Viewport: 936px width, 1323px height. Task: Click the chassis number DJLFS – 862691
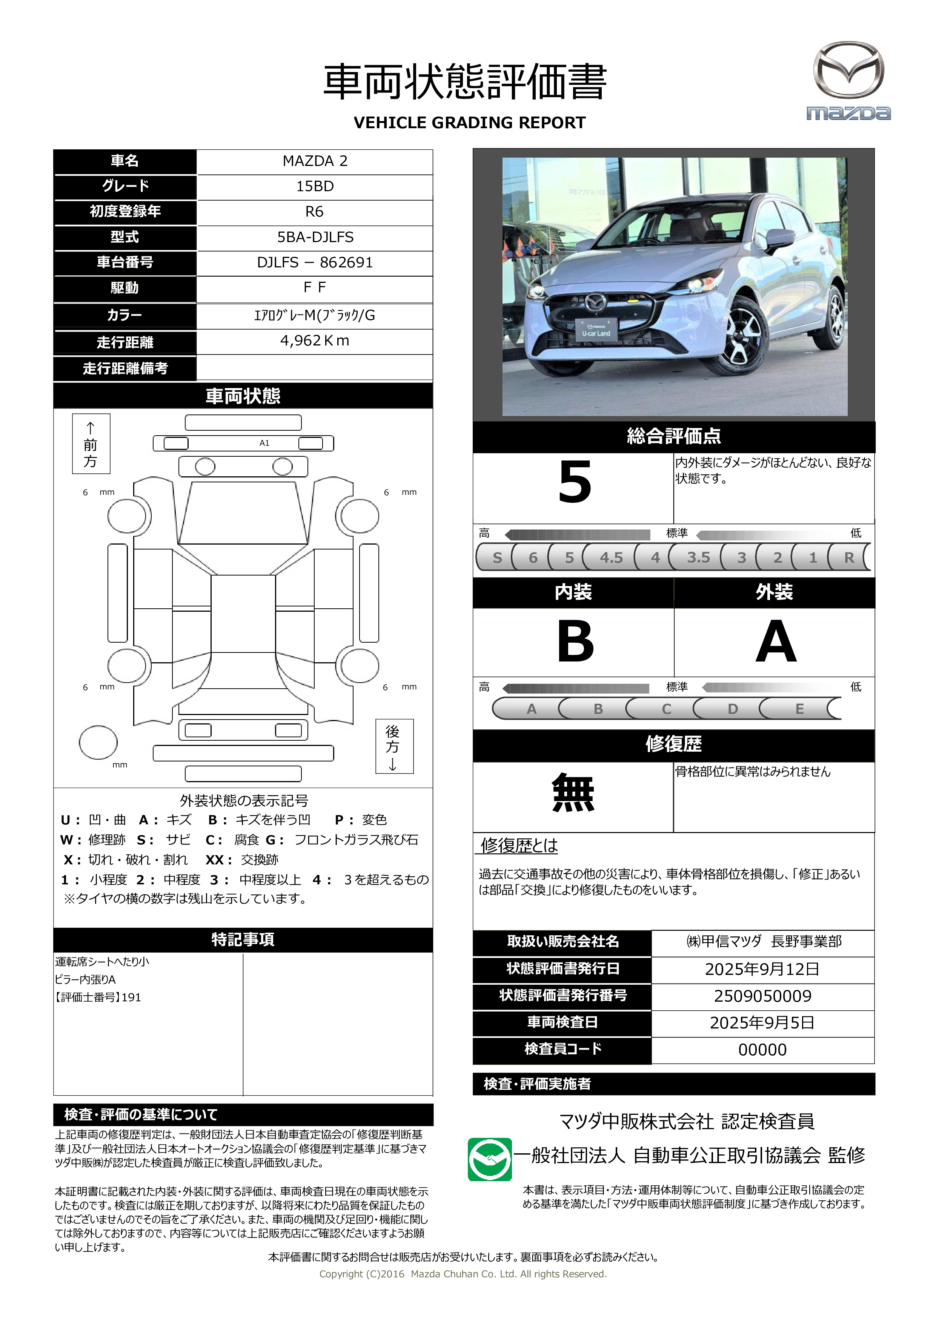click(x=315, y=263)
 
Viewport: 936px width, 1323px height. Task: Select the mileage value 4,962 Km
click(x=315, y=341)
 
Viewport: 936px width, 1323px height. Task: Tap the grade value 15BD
click(x=315, y=186)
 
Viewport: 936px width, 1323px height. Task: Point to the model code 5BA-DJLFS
click(x=315, y=237)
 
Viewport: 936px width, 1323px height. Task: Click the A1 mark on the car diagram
click(x=264, y=443)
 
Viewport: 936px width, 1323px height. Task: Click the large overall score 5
click(x=575, y=483)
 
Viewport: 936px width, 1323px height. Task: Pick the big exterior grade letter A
click(x=775, y=642)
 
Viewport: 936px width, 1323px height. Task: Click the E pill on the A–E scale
click(x=799, y=709)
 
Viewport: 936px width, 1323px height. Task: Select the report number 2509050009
click(x=762, y=996)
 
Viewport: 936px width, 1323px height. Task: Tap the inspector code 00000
click(x=762, y=1050)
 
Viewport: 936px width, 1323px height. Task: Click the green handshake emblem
click(x=489, y=1159)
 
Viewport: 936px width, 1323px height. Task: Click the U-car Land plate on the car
click(x=596, y=330)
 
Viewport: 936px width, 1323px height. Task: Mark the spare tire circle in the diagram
click(x=98, y=742)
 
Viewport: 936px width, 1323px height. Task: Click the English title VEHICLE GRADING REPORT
click(x=469, y=123)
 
